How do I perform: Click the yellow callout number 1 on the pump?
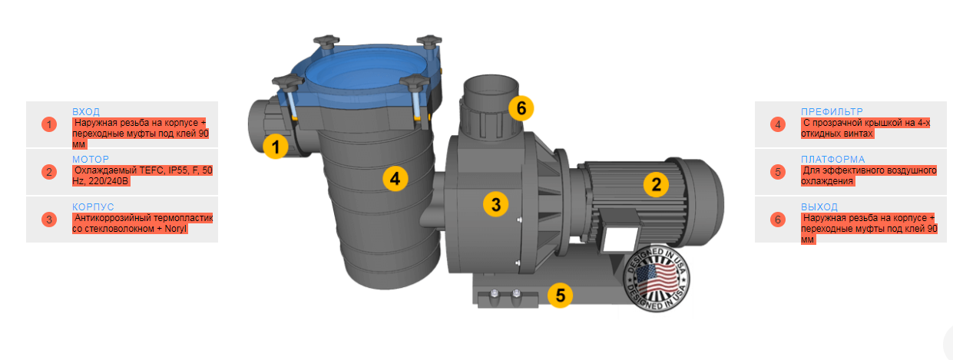[x=276, y=147]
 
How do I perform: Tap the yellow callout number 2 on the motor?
[x=656, y=184]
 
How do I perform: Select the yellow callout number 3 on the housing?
[x=495, y=204]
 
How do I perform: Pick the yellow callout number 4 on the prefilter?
[x=395, y=179]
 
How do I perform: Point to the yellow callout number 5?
[x=561, y=295]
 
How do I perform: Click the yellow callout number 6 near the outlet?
[x=521, y=108]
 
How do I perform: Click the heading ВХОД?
[x=86, y=112]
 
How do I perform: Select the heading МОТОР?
[x=91, y=160]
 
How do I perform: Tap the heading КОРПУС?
[x=93, y=207]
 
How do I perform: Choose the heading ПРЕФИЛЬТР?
[x=832, y=112]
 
